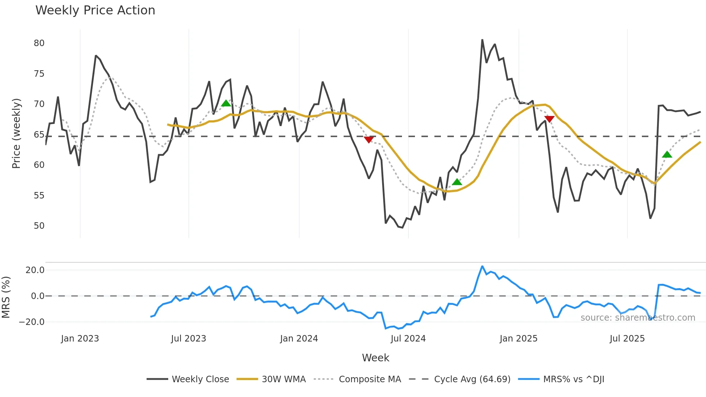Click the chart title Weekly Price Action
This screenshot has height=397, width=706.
pyautogui.click(x=95, y=10)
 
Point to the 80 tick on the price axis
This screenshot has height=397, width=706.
pyautogui.click(x=39, y=43)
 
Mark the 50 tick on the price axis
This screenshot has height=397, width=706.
pyautogui.click(x=39, y=226)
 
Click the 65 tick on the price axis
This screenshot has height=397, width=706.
pyautogui.click(x=39, y=135)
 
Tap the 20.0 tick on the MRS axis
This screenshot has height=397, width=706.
pyautogui.click(x=35, y=270)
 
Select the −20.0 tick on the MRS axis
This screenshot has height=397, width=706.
pyautogui.click(x=32, y=322)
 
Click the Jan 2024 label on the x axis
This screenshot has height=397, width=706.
pyautogui.click(x=299, y=339)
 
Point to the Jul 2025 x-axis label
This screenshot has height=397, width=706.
pyautogui.click(x=627, y=339)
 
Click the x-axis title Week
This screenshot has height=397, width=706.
pyautogui.click(x=375, y=358)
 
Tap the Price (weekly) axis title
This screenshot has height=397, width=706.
pyautogui.click(x=16, y=133)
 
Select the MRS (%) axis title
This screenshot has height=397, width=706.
pyautogui.click(x=6, y=297)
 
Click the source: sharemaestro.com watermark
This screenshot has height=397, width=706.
pyautogui.click(x=638, y=318)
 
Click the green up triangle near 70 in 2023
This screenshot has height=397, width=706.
pyautogui.click(x=226, y=104)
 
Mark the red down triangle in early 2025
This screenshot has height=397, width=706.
pyautogui.click(x=549, y=119)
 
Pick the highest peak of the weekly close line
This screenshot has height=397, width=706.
pyautogui.click(x=482, y=40)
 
